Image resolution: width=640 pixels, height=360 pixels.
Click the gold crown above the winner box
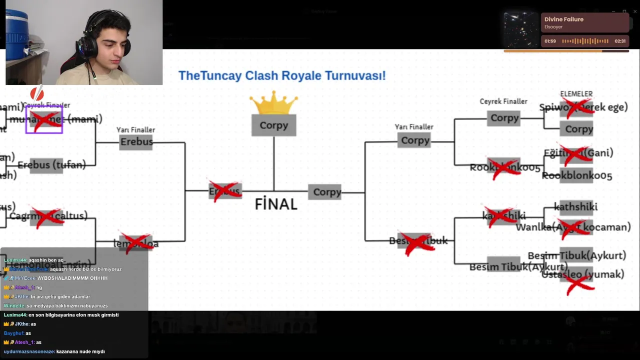pyautogui.click(x=273, y=102)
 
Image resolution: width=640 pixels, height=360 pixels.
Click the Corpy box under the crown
pyautogui.click(x=274, y=125)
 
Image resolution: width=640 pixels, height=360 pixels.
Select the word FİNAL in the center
pyautogui.click(x=276, y=204)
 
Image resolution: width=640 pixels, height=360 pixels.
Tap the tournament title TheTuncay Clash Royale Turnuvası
pyautogui.click(x=282, y=76)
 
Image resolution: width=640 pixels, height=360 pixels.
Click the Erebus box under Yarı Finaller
pyautogui.click(x=136, y=142)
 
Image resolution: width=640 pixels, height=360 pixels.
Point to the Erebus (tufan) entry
pyautogui.click(x=51, y=165)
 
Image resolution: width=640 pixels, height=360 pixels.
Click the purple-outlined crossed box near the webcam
pyautogui.click(x=44, y=119)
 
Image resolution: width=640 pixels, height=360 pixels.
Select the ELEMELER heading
pyautogui.click(x=576, y=94)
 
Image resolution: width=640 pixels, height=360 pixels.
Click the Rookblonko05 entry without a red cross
pyautogui.click(x=576, y=175)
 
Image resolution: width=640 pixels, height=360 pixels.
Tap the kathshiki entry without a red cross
pyautogui.click(x=575, y=206)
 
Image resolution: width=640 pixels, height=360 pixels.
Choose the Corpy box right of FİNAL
pyautogui.click(x=327, y=192)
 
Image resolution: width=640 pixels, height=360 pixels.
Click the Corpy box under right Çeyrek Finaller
pyautogui.click(x=504, y=118)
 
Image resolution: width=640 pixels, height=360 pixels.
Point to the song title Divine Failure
pyautogui.click(x=563, y=19)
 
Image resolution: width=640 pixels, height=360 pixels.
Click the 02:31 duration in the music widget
pyautogui.click(x=620, y=41)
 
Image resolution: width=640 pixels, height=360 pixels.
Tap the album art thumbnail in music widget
pyautogui.click(x=521, y=30)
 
